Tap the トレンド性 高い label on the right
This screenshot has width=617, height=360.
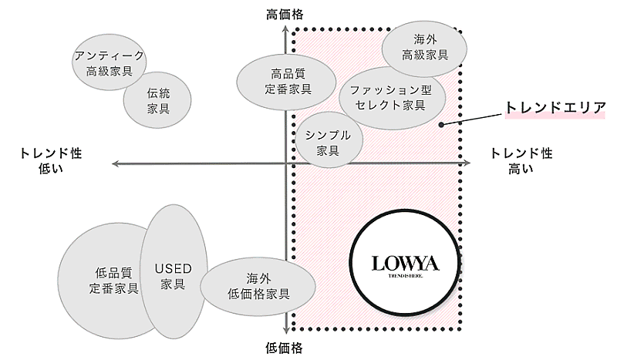pos(522,160)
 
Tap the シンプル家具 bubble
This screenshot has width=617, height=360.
pos(329,140)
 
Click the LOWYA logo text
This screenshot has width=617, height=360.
pos(405,264)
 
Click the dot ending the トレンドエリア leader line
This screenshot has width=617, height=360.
pos(441,124)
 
